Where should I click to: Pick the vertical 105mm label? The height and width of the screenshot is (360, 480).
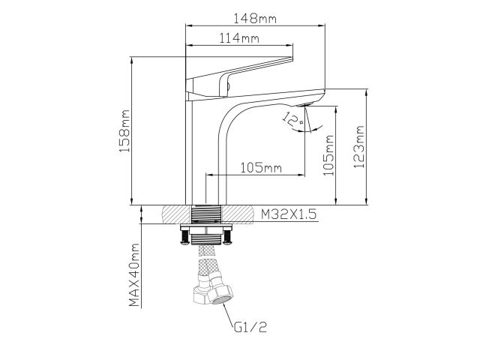pyautogui.click(x=328, y=154)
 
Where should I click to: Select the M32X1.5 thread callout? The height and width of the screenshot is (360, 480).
pyautogui.click(x=289, y=214)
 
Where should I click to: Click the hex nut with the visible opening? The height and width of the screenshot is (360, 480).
pyautogui.click(x=223, y=292)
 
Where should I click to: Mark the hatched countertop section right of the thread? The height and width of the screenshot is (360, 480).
pyautogui.click(x=240, y=214)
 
